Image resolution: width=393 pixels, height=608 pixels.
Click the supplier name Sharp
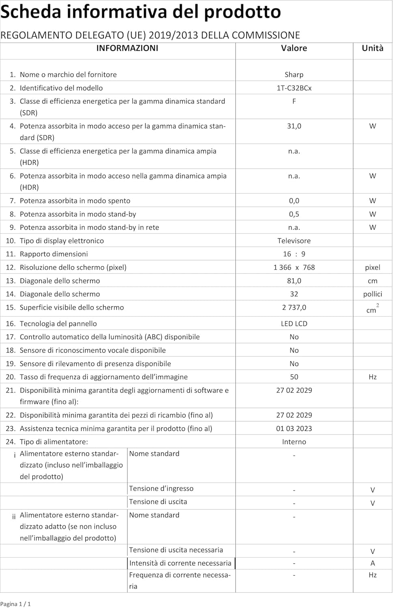click(294, 75)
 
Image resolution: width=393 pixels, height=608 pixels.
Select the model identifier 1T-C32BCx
click(294, 88)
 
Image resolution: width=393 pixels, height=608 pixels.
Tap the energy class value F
click(294, 101)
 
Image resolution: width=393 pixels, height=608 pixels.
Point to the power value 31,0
click(294, 126)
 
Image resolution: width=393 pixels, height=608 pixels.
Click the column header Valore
click(294, 48)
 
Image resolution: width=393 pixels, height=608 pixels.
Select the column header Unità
click(372, 48)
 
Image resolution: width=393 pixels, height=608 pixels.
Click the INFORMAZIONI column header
click(127, 48)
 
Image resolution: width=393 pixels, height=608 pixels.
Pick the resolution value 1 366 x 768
click(294, 268)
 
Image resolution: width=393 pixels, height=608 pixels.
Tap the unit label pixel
click(372, 268)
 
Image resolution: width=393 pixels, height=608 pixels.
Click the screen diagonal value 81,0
click(294, 281)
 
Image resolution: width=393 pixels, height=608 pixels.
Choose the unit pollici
click(372, 294)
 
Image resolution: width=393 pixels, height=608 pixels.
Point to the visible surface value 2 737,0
click(294, 308)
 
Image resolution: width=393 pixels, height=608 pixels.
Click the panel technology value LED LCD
click(294, 324)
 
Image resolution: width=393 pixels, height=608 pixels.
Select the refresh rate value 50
click(294, 377)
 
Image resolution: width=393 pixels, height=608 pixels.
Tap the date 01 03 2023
click(294, 428)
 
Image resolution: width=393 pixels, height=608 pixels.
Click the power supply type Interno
click(294, 442)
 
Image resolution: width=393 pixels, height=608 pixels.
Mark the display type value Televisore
click(294, 241)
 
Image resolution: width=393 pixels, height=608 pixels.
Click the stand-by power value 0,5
click(294, 214)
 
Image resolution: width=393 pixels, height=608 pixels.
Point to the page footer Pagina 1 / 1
click(15, 604)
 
